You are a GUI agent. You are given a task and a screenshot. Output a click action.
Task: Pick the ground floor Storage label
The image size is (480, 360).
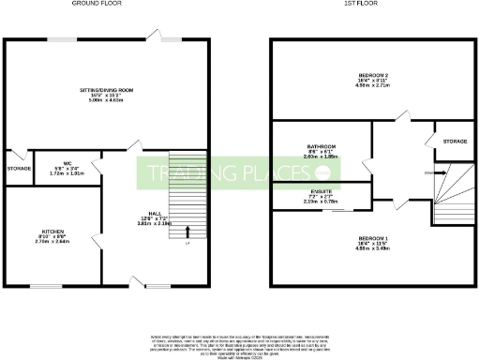(19, 168)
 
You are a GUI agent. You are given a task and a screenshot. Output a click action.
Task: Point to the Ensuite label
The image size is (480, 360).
(320, 191)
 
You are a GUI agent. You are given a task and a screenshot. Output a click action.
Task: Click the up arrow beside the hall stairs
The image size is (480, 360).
(187, 232)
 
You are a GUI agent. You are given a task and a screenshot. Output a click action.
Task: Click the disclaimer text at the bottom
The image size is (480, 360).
(240, 342)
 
